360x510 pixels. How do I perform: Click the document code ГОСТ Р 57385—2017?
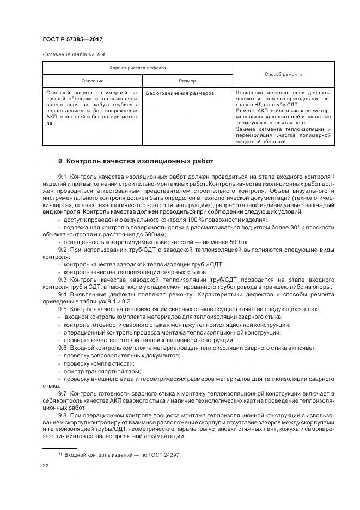tap(73, 40)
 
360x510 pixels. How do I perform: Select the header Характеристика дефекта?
tap(137, 68)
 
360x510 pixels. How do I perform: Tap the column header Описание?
tap(92, 80)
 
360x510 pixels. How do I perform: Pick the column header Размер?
tap(187, 80)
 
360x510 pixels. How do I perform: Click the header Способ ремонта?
tap(283, 74)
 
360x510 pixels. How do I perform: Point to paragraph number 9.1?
tap(62, 177)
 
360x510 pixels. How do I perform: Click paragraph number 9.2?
tap(62, 249)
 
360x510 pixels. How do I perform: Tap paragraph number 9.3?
tap(62, 280)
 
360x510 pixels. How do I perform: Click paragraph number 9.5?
tap(62, 309)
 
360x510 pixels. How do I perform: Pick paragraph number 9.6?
tap(62, 347)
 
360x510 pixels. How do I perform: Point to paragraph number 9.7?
tap(62, 393)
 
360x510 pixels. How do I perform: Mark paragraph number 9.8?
tap(62, 416)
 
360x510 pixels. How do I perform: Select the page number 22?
tap(46, 466)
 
